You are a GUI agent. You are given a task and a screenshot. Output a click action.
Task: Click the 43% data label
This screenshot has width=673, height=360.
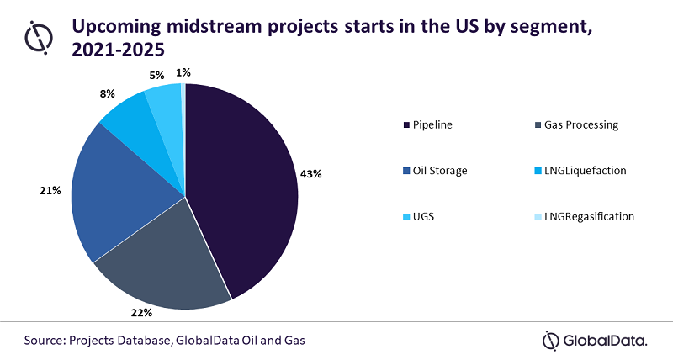311,173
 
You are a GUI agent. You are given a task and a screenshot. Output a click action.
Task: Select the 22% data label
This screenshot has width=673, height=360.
140,314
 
